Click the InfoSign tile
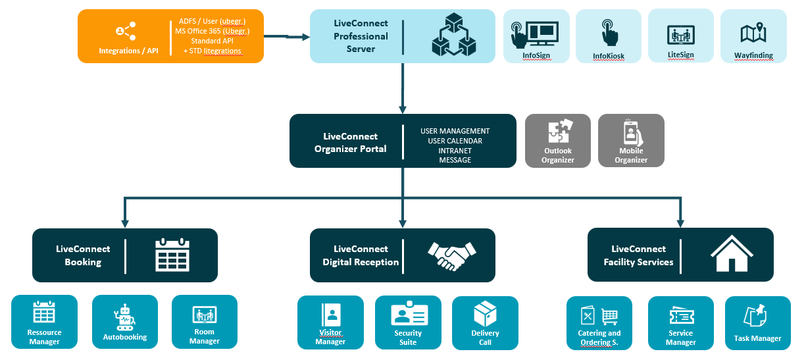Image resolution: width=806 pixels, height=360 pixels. click(x=536, y=36)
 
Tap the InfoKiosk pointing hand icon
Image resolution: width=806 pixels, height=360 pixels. click(x=609, y=32)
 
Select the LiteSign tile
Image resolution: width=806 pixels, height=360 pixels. click(x=681, y=36)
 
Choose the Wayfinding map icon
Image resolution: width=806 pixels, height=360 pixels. click(x=753, y=32)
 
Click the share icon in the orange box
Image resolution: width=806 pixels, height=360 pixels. click(x=125, y=30)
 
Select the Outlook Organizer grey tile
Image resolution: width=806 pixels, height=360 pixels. click(x=558, y=141)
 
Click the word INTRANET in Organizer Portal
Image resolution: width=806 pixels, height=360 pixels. click(x=455, y=151)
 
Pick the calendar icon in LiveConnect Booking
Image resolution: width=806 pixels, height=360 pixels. click(x=172, y=255)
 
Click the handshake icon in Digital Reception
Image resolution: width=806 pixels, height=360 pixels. click(x=452, y=255)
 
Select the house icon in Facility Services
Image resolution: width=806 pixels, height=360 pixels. click(x=730, y=255)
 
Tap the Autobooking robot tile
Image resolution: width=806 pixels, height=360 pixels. click(x=125, y=322)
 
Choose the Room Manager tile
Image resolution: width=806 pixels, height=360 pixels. click(x=205, y=322)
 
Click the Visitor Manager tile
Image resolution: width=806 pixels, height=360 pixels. click(x=330, y=322)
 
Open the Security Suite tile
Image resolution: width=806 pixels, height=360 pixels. click(x=408, y=322)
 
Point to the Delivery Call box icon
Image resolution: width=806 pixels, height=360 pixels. click(x=486, y=314)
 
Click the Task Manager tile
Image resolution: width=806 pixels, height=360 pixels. click(x=757, y=322)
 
